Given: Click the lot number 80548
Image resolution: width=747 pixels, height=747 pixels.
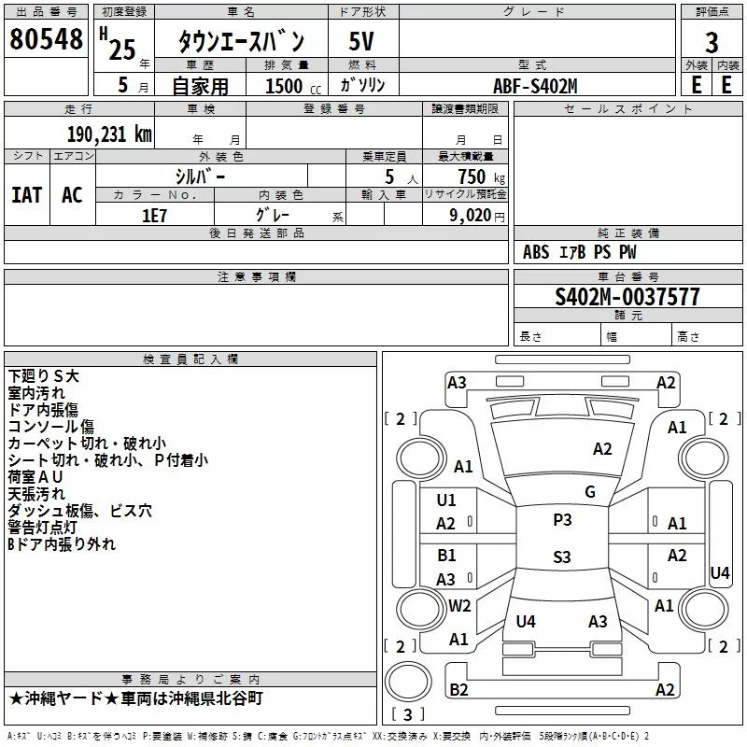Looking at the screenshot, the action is (46, 38).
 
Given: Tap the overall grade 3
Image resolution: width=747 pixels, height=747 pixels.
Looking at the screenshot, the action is (712, 43).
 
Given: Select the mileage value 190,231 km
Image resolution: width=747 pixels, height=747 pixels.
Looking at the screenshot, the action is (109, 134).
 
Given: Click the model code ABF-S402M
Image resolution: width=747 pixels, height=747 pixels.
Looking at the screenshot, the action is (535, 86).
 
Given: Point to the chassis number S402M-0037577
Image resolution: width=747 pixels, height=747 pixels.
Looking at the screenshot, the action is (627, 297).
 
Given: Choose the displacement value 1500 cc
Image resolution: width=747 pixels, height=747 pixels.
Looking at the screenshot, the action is (293, 86).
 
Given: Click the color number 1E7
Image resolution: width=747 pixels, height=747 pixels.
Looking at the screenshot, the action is (154, 216).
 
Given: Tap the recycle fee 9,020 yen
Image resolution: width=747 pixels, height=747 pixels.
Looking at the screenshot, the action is (477, 216).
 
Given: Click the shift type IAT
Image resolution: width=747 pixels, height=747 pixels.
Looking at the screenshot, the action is (27, 195).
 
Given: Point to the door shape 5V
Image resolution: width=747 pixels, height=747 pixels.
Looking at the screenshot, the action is (361, 41).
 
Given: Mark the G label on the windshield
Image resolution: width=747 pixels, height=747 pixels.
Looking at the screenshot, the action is (590, 491).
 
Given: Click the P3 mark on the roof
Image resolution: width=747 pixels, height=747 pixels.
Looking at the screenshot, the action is (562, 520).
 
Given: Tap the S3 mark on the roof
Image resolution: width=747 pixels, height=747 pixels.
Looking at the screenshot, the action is (562, 557).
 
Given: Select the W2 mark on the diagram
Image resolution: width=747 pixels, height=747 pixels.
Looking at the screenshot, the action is (459, 605).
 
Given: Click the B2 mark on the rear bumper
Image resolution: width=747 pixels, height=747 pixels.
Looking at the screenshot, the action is (458, 689).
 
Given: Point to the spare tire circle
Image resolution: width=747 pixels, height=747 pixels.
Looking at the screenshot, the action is (408, 682).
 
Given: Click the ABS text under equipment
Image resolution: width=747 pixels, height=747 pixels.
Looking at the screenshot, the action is (536, 252).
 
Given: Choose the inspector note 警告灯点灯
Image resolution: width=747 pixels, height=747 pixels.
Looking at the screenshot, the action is (42, 528).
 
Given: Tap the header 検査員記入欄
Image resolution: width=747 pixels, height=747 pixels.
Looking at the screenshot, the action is (190, 359).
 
